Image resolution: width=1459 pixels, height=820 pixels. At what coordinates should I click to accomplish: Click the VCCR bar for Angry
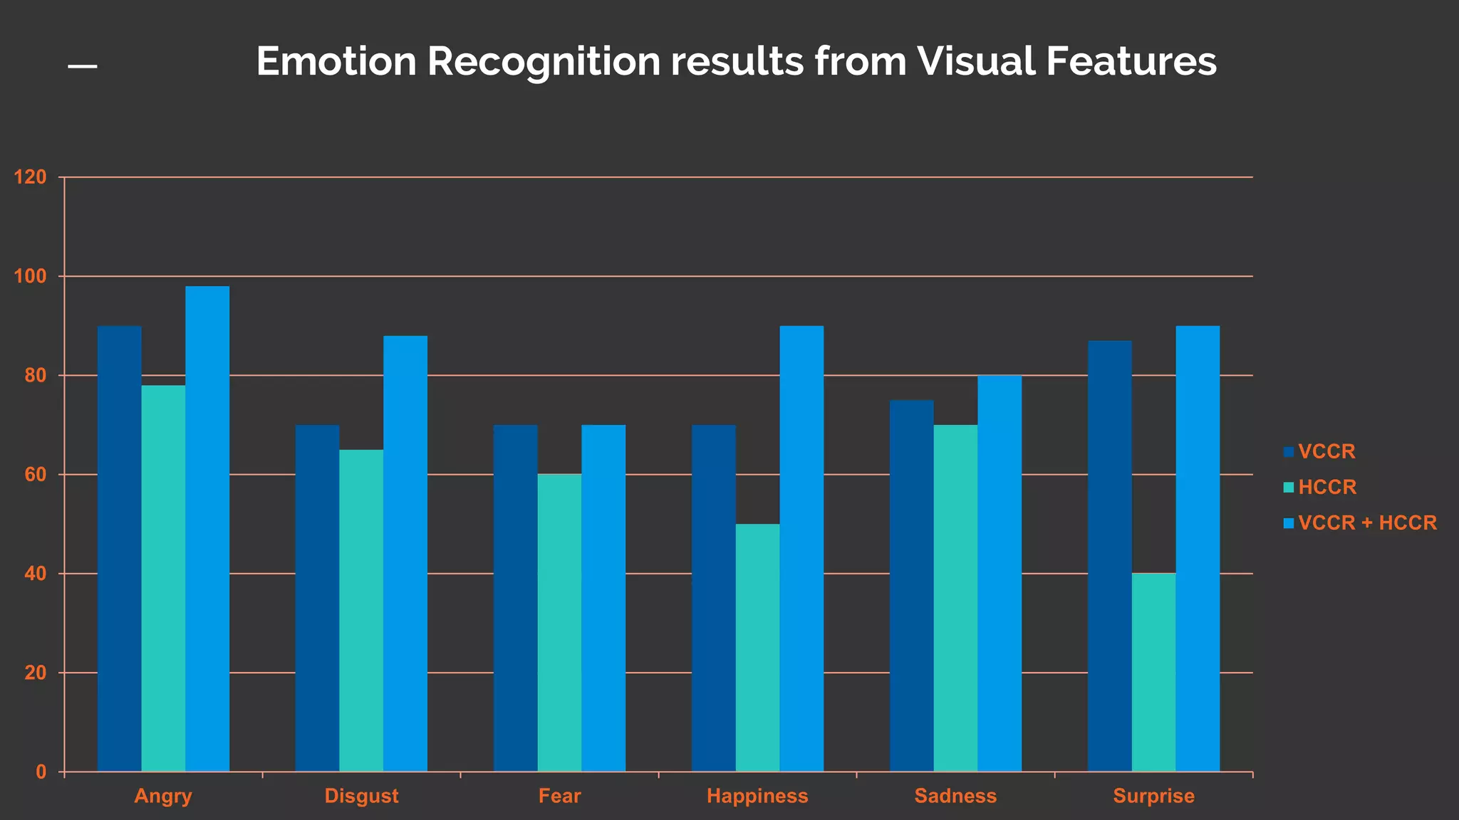click(120, 548)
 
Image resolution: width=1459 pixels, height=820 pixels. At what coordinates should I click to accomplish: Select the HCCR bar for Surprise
click(1153, 672)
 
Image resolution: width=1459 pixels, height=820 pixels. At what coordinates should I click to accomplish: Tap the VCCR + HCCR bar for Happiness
click(801, 548)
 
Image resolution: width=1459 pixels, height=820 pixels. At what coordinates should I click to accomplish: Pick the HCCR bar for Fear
click(559, 623)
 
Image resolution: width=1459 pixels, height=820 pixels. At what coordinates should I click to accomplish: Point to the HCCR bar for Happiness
click(757, 647)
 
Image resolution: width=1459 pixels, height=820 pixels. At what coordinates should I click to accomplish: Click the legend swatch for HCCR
click(1288, 488)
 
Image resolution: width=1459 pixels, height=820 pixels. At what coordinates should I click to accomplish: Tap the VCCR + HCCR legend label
click(1367, 523)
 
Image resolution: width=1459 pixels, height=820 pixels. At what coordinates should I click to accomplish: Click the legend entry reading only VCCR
click(1326, 452)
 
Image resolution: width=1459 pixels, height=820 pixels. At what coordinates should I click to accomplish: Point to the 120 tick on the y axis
click(31, 177)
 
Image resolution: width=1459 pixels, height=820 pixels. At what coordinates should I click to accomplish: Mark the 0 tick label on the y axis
click(41, 772)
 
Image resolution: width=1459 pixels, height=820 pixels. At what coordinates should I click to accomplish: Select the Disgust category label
click(361, 796)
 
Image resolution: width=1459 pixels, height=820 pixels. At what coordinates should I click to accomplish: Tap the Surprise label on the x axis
click(1153, 796)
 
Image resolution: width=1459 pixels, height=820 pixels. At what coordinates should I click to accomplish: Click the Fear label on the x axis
click(559, 796)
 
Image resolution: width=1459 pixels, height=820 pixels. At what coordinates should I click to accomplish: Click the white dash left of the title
click(83, 67)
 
